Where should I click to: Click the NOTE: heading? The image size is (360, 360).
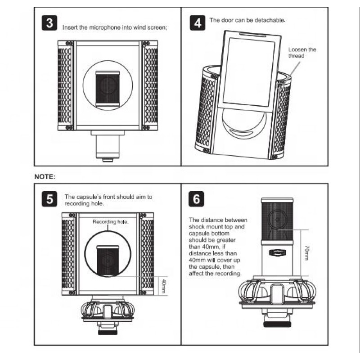click(45, 177)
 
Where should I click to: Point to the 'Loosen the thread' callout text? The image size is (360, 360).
click(302, 52)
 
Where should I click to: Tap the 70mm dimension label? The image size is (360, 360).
click(307, 252)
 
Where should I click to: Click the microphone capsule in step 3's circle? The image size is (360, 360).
click(108, 88)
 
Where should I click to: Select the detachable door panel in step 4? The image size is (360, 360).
click(248, 72)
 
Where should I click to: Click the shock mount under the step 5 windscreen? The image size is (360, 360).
click(108, 310)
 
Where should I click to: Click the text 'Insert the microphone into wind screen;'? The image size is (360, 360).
click(115, 27)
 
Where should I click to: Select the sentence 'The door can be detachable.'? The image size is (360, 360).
click(247, 21)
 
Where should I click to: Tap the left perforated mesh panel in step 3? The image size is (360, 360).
click(65, 85)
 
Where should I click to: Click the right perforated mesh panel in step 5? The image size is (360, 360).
click(147, 254)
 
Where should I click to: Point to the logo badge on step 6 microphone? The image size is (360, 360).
click(275, 253)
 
